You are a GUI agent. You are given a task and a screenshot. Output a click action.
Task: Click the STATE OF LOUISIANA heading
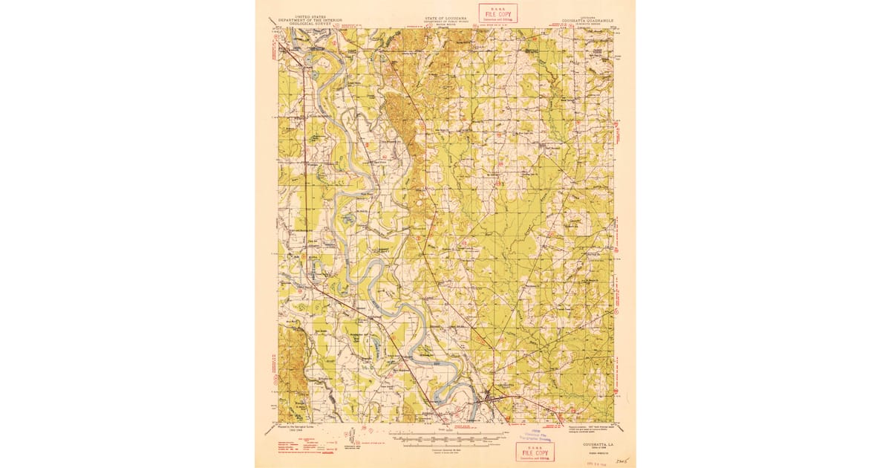click(x=446, y=16)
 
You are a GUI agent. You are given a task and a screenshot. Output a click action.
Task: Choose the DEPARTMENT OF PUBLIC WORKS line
click(x=446, y=20)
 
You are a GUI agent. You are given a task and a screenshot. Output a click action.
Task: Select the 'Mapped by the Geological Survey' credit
click(x=298, y=429)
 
